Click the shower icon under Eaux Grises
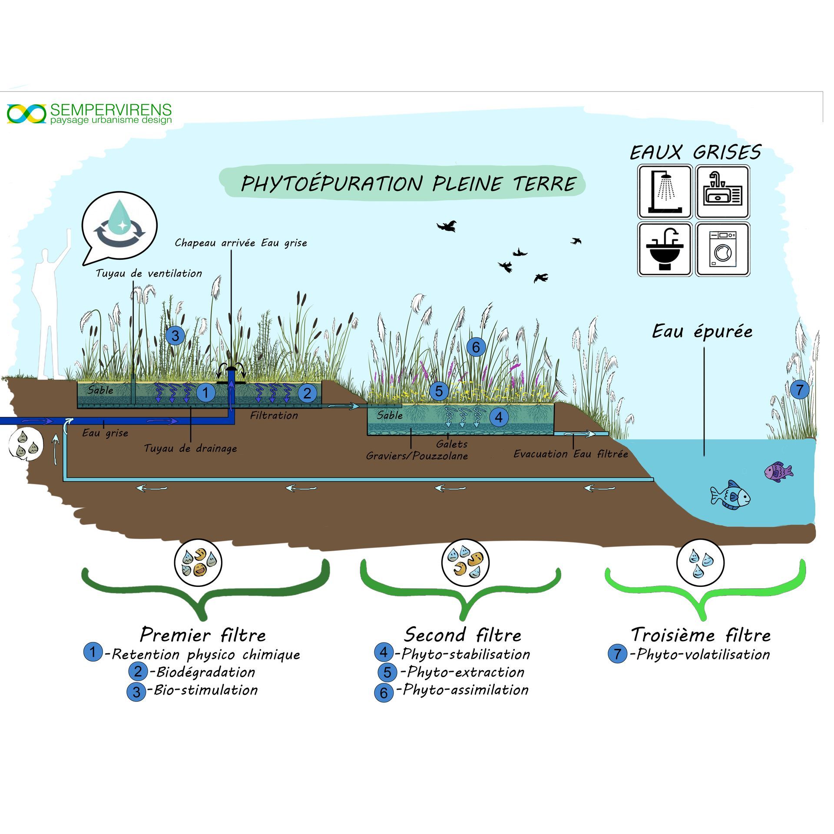pos(665,192)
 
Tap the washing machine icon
pos(723,249)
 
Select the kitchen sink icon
pos(723,192)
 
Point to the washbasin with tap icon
pos(665,249)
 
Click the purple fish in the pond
pos(778,472)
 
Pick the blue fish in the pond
pos(730,495)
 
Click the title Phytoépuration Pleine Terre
pos(408,184)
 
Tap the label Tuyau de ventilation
pos(149,274)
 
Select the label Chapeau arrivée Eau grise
pos(241,243)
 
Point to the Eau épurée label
pos(702,332)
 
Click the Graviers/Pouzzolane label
pos(417,456)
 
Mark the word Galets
pos(452,444)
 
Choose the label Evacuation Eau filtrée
pos(571,454)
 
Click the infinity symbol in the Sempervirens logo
pos(26,114)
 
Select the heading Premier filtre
pos(202,635)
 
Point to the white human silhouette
pos(50,321)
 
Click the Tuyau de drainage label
pos(190,448)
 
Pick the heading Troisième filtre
pos(701,635)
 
